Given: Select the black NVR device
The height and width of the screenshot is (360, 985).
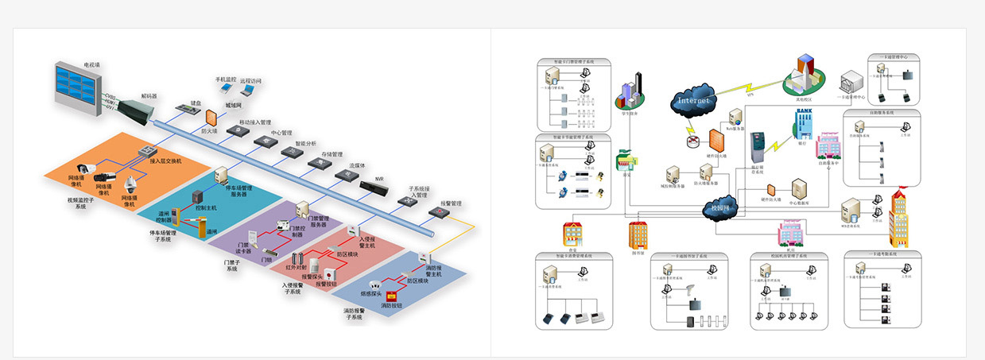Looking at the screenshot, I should tap(371, 188).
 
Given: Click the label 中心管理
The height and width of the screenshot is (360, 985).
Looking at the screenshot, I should tap(282, 133).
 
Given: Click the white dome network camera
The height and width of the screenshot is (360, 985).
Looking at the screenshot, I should tap(130, 185).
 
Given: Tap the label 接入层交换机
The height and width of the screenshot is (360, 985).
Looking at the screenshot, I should tap(165, 161).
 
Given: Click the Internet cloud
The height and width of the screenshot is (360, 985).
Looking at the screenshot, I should tap(694, 100).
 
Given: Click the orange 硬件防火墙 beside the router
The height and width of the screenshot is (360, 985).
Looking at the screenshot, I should tap(715, 142).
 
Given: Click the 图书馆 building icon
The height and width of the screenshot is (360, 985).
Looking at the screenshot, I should tap(638, 235).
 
